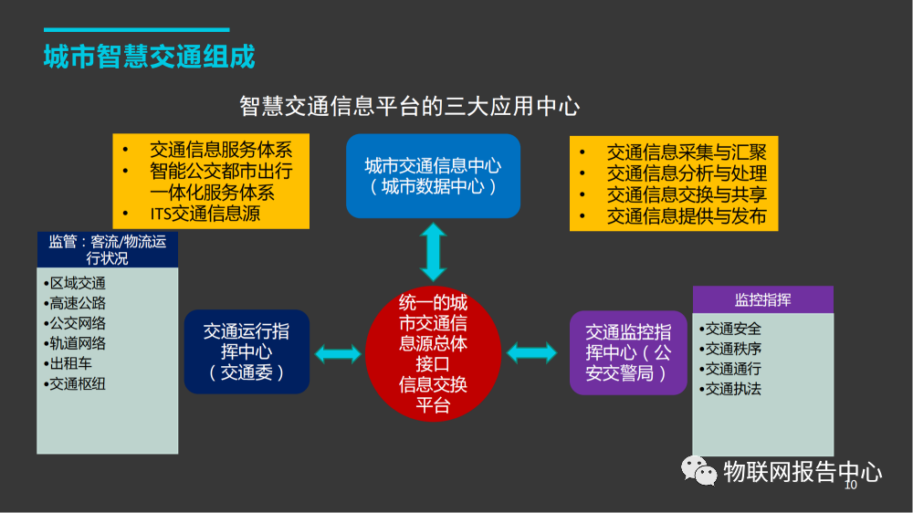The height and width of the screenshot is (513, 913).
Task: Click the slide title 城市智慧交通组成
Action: (x=149, y=57)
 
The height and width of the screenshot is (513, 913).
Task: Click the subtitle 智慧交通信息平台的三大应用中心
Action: (x=409, y=106)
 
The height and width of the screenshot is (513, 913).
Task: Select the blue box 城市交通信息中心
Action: (x=433, y=175)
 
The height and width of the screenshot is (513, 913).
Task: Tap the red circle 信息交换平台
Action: (x=433, y=353)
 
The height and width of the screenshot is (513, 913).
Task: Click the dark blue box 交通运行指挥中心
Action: (x=247, y=352)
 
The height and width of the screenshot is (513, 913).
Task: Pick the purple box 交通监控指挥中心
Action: (x=628, y=352)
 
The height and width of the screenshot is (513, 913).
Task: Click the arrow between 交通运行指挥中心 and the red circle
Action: (x=338, y=353)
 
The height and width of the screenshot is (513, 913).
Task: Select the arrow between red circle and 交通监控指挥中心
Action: (x=531, y=353)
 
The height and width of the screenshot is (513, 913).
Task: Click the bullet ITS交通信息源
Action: (x=205, y=215)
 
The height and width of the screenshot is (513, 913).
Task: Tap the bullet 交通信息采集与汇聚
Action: (x=687, y=152)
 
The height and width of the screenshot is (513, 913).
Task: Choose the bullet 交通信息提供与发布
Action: (x=687, y=217)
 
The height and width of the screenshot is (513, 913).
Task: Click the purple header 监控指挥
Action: (x=762, y=300)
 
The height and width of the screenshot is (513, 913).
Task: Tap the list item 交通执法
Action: (x=733, y=389)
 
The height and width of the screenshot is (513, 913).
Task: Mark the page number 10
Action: (x=851, y=487)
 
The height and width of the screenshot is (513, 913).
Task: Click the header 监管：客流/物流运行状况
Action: (x=108, y=250)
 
